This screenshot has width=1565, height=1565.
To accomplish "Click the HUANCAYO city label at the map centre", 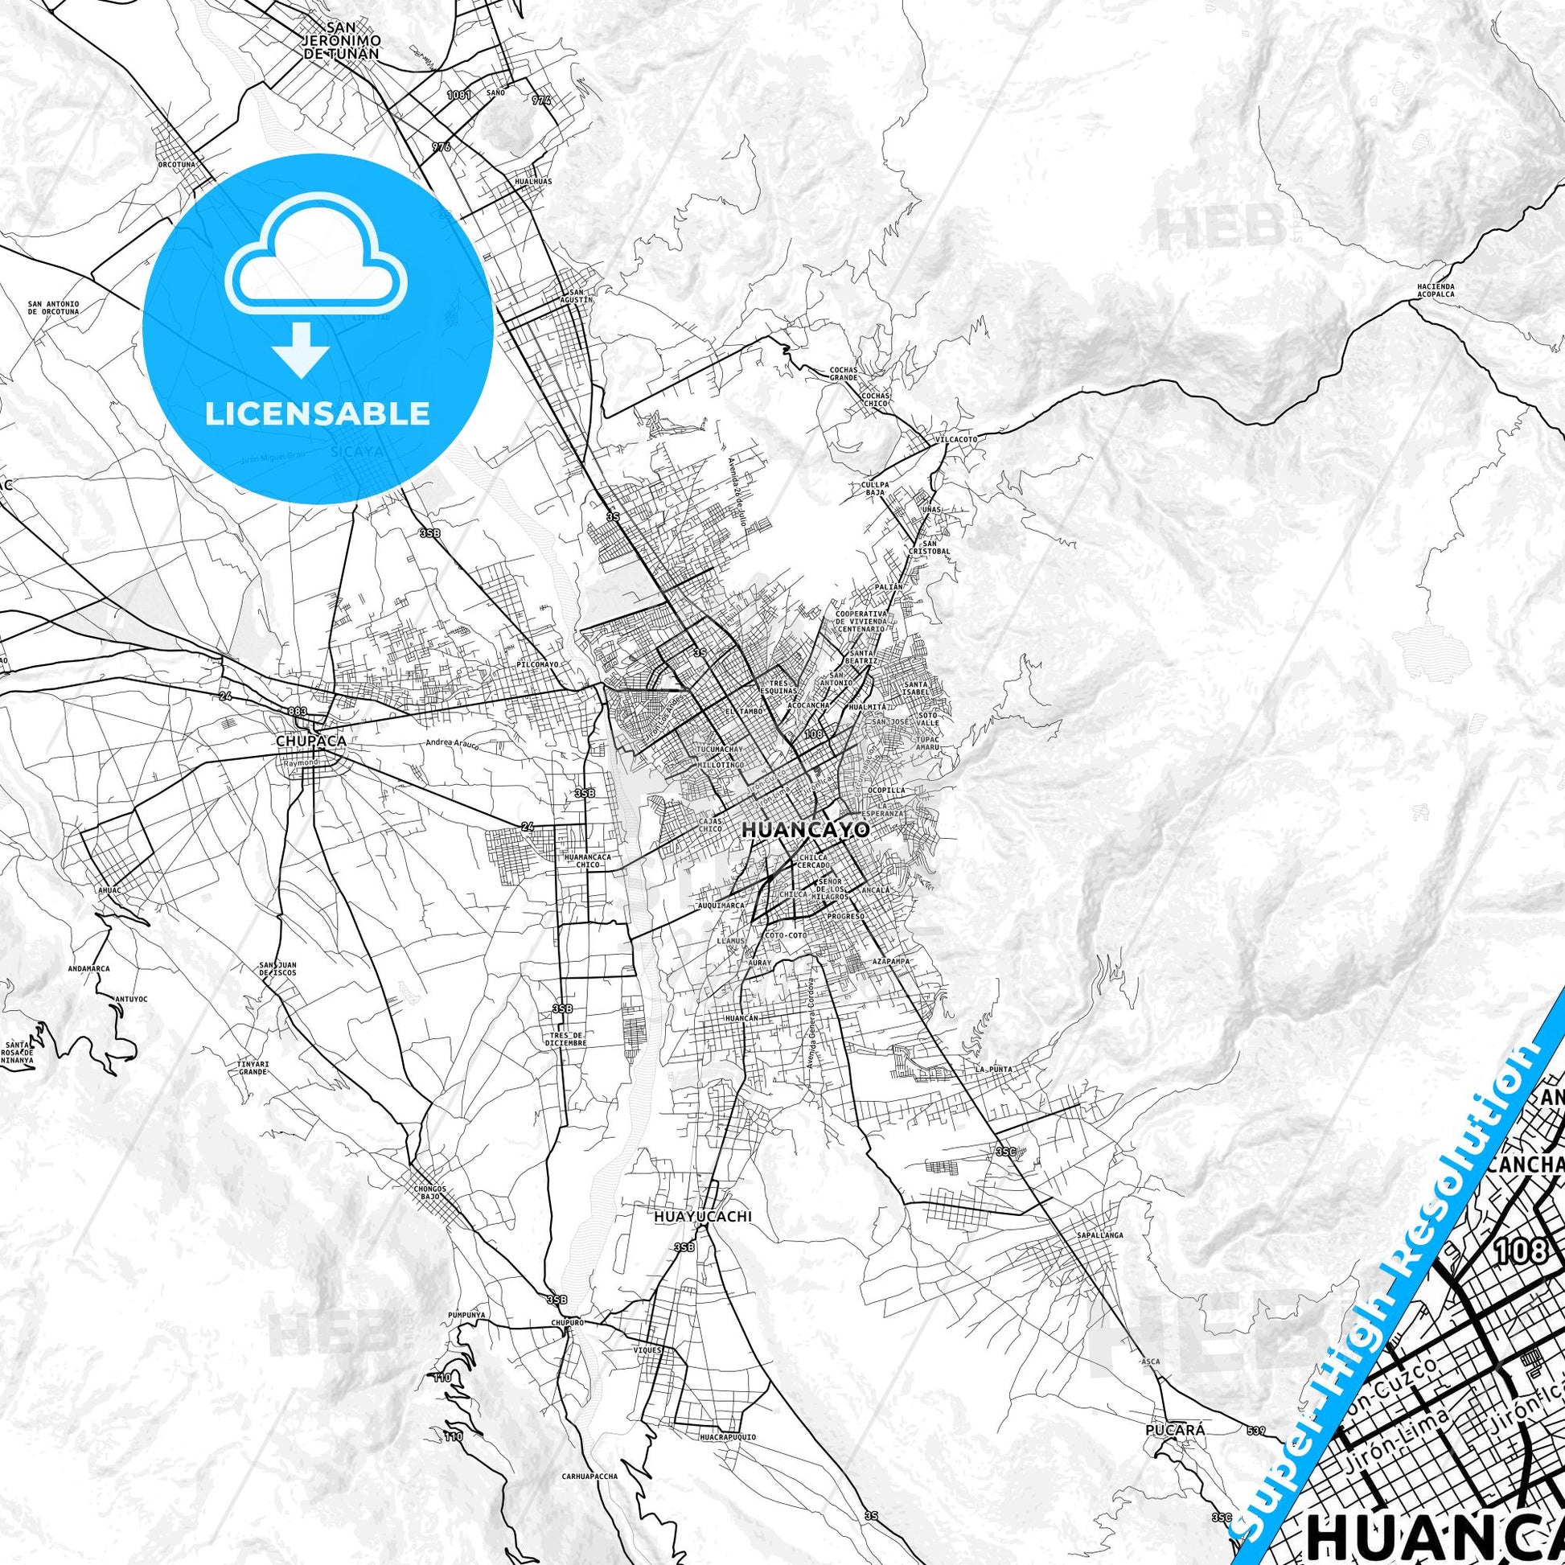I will (805, 829).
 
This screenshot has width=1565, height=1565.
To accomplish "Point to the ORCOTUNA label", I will (176, 163).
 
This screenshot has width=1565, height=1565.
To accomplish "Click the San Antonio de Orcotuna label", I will (53, 308).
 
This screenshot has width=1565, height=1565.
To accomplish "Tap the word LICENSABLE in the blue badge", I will (317, 414).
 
